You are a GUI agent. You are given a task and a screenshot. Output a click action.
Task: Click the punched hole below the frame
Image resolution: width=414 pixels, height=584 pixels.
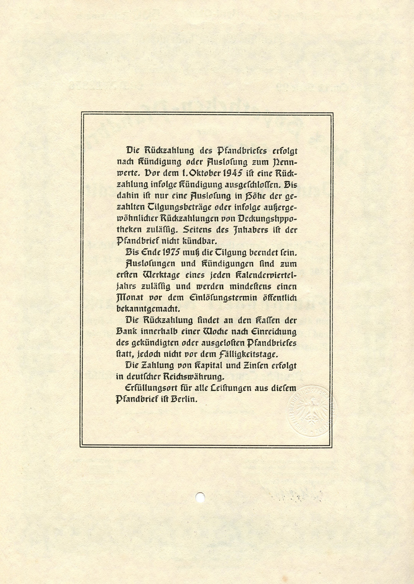(200, 497)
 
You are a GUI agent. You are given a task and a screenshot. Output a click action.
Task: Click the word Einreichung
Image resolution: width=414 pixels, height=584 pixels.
(273, 332)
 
